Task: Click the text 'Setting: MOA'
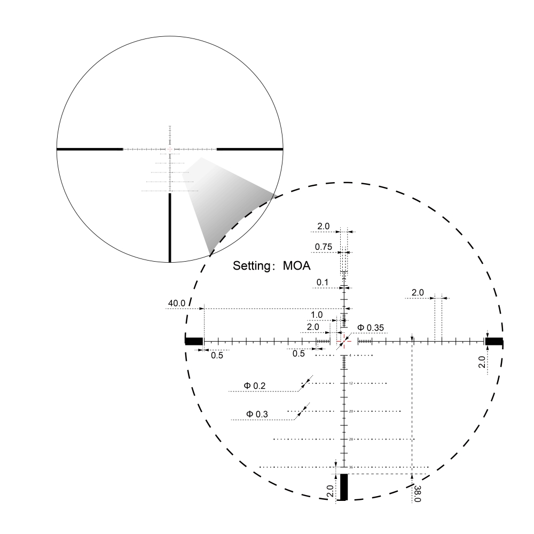[272, 265]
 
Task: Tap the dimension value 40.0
[177, 303]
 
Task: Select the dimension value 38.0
[417, 493]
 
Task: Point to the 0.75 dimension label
[324, 247]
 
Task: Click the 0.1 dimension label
[323, 282]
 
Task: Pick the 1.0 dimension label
[317, 315]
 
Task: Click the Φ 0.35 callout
[371, 327]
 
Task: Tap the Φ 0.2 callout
[255, 385]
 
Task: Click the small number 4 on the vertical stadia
[350, 355]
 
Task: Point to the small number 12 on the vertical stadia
[351, 383]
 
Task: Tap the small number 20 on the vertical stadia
[351, 411]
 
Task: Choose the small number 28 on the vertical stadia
[351, 439]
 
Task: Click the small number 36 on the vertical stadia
[351, 467]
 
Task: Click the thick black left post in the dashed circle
[194, 342]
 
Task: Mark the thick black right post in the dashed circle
[494, 342]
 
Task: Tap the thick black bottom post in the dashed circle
[344, 486]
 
